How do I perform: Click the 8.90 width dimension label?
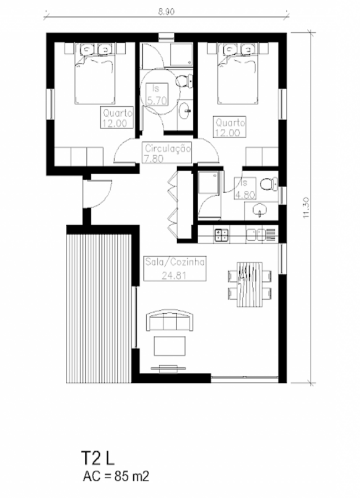point(166,12)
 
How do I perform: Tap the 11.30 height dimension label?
point(306,207)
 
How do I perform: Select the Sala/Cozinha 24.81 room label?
point(174,268)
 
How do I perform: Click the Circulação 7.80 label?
point(168,153)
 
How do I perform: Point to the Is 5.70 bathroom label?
point(157,94)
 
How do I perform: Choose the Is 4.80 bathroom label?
point(245,188)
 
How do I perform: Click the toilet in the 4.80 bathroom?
point(269,184)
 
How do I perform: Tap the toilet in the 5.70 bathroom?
point(184,81)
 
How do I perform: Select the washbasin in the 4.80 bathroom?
point(260,210)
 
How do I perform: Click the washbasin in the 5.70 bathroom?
point(185,111)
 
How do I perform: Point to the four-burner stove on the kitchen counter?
point(222,235)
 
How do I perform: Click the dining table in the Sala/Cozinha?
point(250,284)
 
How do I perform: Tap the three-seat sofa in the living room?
point(170,320)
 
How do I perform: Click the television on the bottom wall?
point(168,368)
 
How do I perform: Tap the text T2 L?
point(98,458)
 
